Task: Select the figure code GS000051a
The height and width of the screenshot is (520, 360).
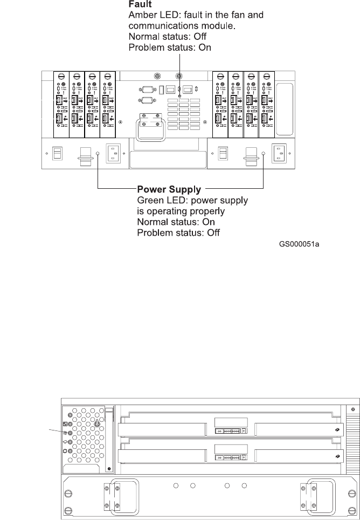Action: [x=303, y=244]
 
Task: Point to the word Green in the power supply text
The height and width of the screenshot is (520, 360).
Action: [x=150, y=200]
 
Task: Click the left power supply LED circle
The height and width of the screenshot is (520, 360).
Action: [x=98, y=154]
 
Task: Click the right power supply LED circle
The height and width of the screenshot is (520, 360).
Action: [x=263, y=154]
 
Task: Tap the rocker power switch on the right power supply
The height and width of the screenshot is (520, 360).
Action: [x=221, y=154]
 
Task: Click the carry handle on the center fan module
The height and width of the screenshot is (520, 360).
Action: [x=150, y=124]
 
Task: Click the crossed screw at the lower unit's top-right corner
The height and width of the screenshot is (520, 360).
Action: [x=352, y=410]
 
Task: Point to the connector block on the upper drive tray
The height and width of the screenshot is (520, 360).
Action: [x=231, y=430]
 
